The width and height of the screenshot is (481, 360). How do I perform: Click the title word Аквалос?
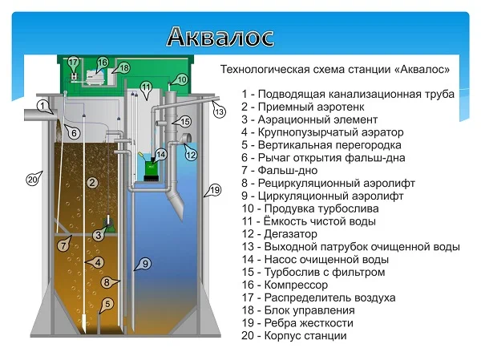point(220,36)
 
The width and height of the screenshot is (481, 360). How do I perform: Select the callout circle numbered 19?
point(213,190)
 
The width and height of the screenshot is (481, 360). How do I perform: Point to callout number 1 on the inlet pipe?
point(42,105)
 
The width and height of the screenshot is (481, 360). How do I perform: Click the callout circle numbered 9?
point(144,263)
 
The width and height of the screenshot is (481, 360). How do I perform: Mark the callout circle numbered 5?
point(109,304)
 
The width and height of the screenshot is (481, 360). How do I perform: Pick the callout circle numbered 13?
point(220,112)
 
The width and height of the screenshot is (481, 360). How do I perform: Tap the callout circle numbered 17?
point(73,62)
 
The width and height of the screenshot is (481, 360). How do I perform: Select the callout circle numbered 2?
point(92,184)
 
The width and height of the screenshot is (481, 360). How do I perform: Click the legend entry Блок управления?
point(301,309)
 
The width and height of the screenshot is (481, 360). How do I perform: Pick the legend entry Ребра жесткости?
point(301,322)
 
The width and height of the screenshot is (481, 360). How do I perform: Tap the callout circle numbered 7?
point(63,245)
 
